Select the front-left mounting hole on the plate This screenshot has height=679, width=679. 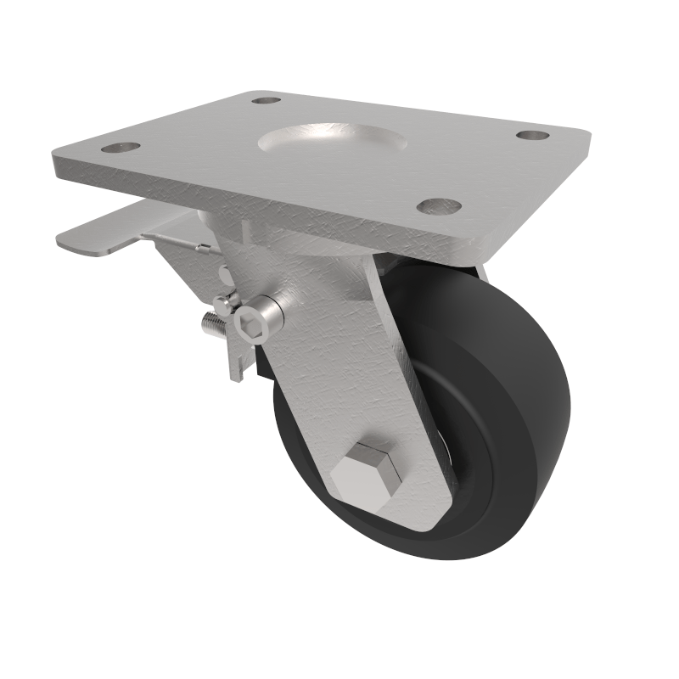coord(121,148)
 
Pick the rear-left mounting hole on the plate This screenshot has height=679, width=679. coord(266,100)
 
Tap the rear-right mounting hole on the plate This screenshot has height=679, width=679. coord(531,135)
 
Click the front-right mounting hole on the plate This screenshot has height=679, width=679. coord(440,205)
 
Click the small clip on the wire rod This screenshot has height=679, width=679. coord(204,249)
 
